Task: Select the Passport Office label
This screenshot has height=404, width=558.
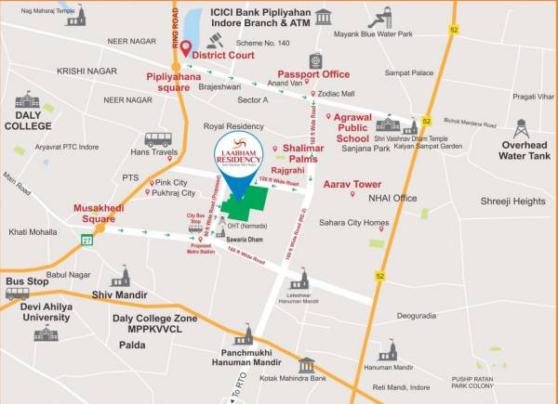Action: [313, 74]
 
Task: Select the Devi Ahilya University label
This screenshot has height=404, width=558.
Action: [46, 311]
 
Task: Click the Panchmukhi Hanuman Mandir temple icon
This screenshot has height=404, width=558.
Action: [246, 334]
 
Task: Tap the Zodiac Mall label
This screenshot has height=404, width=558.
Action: [336, 94]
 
